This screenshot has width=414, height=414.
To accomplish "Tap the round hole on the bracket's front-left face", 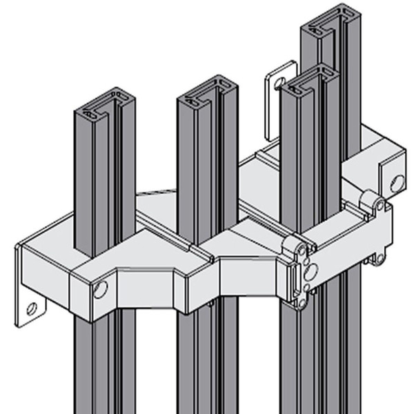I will tap(101, 289).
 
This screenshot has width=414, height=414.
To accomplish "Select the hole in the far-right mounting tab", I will tap(397, 183).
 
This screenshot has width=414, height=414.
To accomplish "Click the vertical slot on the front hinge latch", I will tap(299, 280).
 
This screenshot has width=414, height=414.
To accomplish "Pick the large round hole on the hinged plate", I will tap(311, 271).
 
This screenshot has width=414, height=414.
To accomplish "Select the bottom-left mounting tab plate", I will tap(28, 304).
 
